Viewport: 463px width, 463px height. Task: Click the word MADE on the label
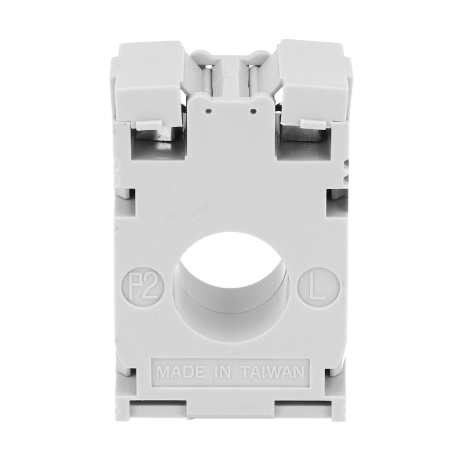(x=181, y=372)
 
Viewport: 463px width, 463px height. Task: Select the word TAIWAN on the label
(x=273, y=372)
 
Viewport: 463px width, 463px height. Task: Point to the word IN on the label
(x=222, y=372)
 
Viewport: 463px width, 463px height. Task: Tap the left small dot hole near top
(x=209, y=111)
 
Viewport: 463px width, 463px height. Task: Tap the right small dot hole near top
(x=253, y=111)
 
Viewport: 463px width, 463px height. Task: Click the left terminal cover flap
(x=149, y=83)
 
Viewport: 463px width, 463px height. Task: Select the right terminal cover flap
(x=313, y=83)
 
